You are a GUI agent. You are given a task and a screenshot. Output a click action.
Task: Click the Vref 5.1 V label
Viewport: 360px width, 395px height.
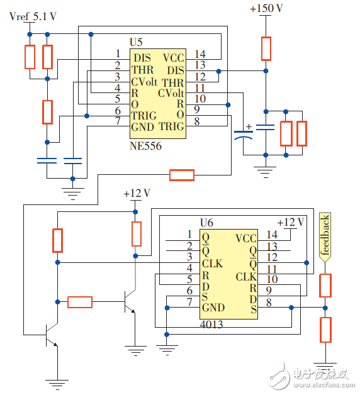pos(33,16)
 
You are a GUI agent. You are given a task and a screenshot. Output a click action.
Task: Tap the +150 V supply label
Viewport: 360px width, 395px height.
pos(266,9)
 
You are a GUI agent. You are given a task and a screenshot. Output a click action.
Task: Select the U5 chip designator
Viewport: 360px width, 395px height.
pos(136,42)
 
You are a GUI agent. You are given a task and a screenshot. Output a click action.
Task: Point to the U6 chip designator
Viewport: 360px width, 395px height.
pos(206,223)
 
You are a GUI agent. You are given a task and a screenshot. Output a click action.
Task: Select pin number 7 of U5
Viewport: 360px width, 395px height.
pos(117,120)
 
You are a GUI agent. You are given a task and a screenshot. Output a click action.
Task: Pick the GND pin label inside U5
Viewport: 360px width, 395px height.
pos(142,126)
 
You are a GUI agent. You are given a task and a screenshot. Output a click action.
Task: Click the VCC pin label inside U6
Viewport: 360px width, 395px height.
pos(245,238)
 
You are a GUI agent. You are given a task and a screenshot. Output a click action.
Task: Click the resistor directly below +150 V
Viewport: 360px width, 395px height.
pos(266,48)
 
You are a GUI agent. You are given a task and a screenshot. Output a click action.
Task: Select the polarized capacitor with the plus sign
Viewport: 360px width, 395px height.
pos(242,134)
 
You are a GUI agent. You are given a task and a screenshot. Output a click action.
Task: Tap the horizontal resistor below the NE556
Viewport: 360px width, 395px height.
pos(182,174)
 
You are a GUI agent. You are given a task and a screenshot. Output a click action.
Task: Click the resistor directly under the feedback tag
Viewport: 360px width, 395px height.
pos(325,285)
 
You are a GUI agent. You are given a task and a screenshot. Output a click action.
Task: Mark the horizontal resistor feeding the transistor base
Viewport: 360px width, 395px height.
pos(79,302)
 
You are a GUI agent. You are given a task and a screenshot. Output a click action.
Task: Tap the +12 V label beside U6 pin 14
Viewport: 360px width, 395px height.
pos(290,221)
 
